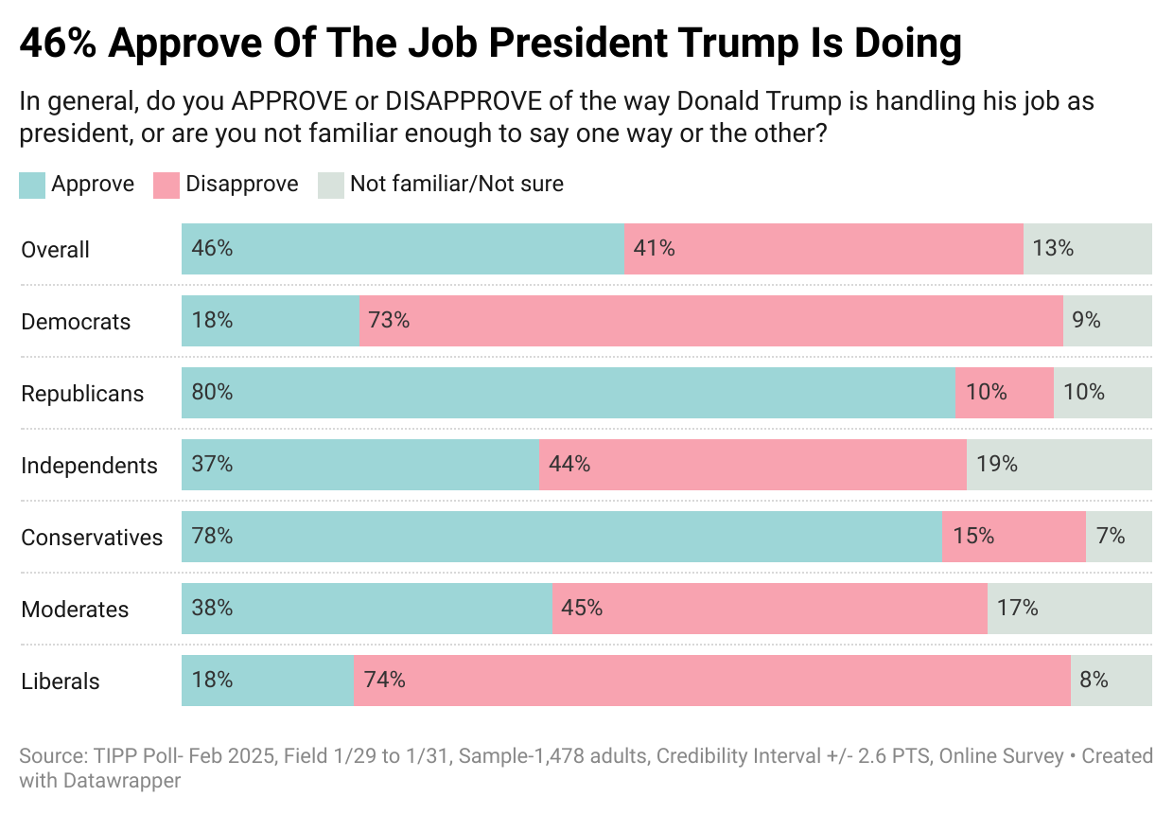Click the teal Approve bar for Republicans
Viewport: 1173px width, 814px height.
click(x=568, y=393)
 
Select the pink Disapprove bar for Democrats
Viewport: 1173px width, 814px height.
click(x=710, y=321)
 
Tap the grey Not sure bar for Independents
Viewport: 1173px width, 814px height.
click(x=1059, y=465)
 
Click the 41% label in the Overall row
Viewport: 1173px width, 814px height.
click(x=655, y=249)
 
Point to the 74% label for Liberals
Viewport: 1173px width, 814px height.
click(x=385, y=680)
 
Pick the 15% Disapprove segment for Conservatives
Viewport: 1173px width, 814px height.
click(x=1013, y=537)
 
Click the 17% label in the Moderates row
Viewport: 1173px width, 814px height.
click(x=1018, y=608)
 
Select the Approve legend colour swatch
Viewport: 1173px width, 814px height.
click(x=32, y=185)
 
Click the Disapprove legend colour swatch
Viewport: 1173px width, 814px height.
click(x=166, y=185)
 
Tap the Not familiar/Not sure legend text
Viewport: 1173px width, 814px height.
click(x=456, y=184)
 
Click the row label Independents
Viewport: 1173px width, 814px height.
click(x=89, y=466)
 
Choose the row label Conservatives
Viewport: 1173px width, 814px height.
click(x=92, y=538)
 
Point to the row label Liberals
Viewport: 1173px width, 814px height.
click(x=61, y=681)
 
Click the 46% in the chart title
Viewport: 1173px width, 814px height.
click(x=58, y=44)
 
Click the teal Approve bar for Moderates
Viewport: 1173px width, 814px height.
click(x=366, y=609)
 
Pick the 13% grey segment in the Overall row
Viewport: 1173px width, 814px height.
click(x=1087, y=249)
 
